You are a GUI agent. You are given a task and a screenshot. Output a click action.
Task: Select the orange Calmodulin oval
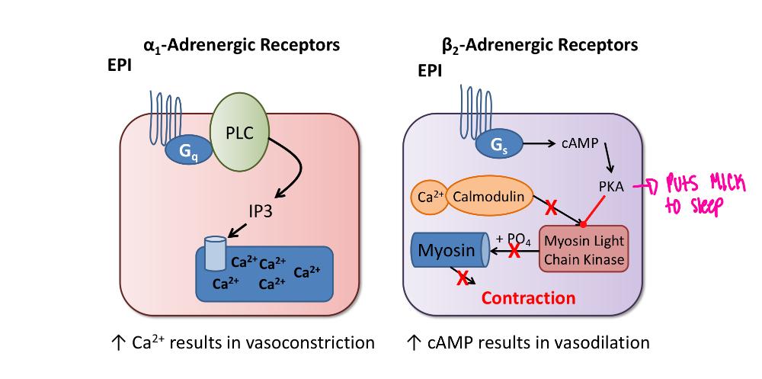click(x=488, y=197)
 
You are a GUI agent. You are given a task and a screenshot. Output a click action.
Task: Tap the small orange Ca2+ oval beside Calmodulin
click(x=430, y=198)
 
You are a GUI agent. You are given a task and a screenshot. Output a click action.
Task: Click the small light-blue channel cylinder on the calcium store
click(x=216, y=250)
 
